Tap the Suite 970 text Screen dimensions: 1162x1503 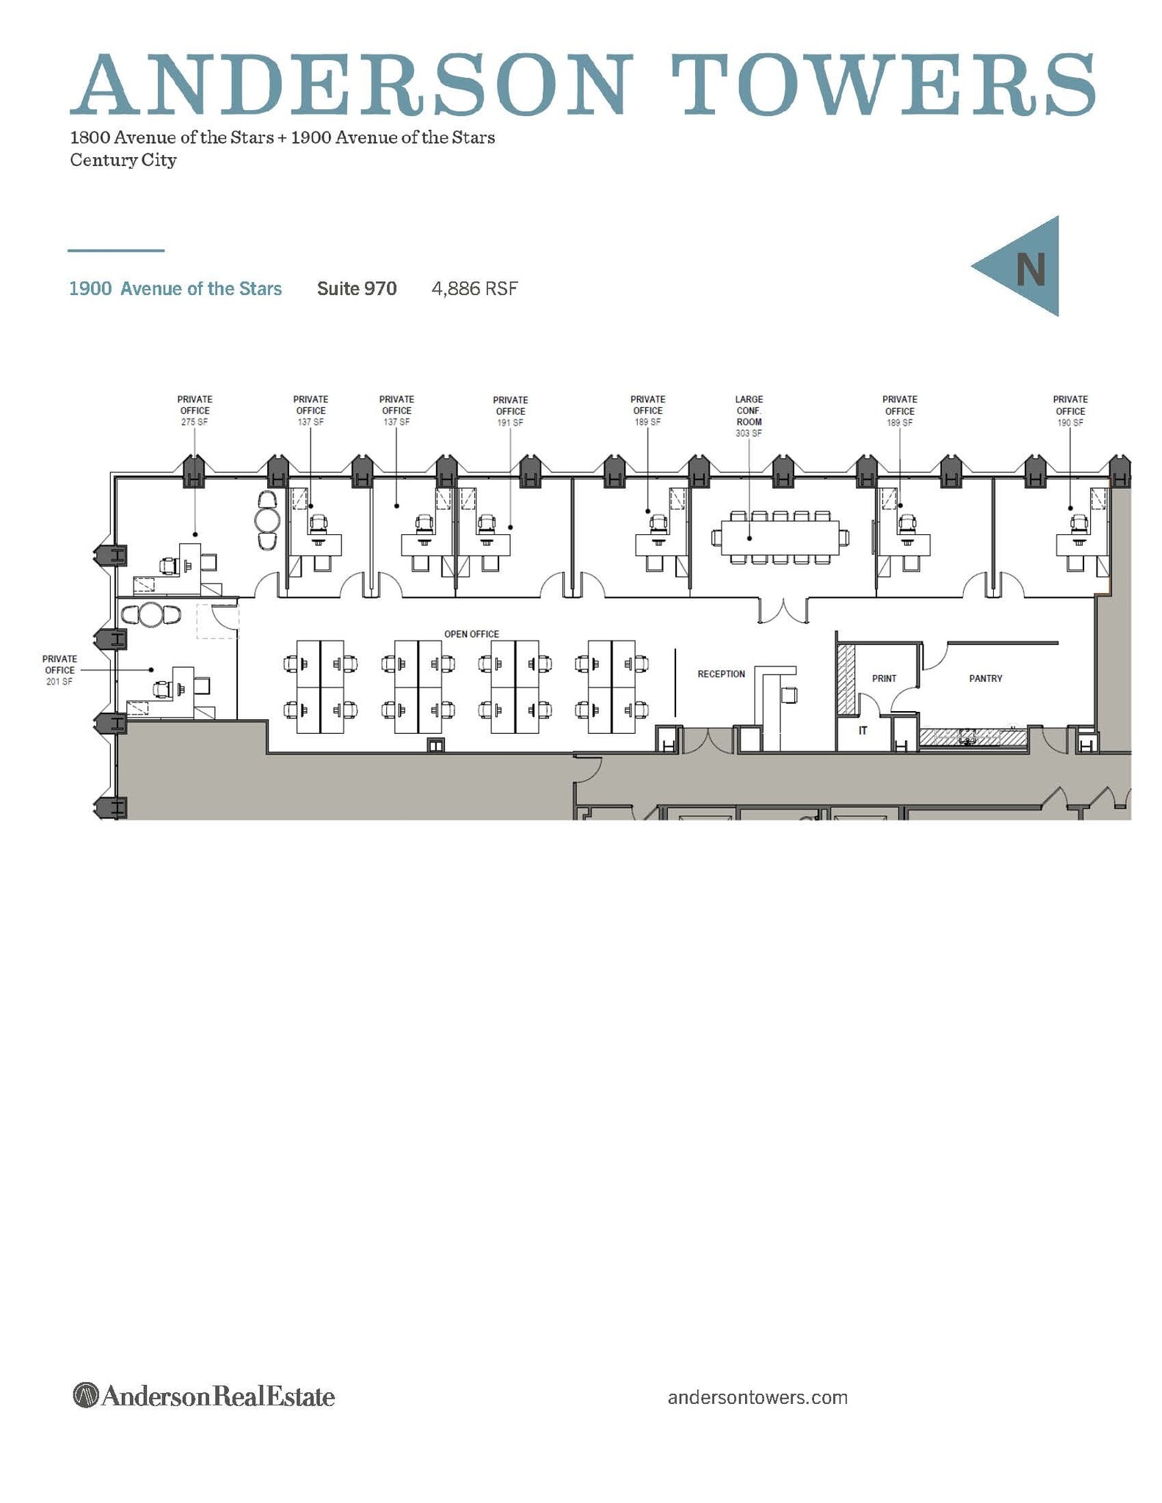pos(357,288)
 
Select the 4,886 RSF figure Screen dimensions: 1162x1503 pos(474,288)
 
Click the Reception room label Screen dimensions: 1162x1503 pos(721,674)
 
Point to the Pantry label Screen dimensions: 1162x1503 pos(985,678)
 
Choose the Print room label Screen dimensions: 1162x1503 pos(884,678)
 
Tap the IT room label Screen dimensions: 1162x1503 pos(863,730)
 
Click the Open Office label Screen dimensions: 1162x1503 pos(471,634)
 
